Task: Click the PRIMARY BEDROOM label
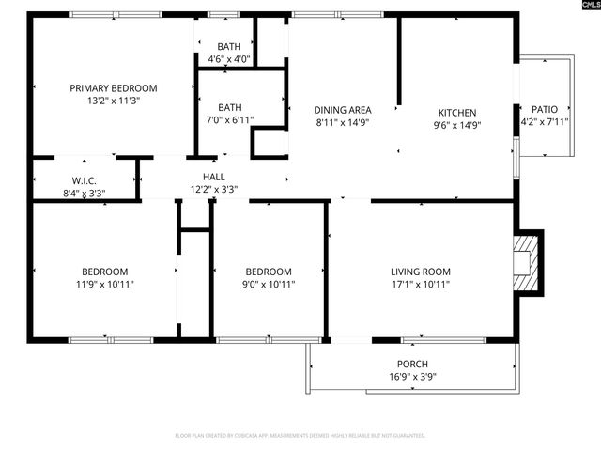[113, 88]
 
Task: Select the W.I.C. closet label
[85, 180]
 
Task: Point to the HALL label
[213, 176]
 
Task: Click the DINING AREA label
[342, 110]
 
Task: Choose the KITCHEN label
[457, 112]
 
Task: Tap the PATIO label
[545, 109]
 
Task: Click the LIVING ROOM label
[421, 272]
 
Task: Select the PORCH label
[412, 365]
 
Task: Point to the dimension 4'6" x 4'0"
[228, 59]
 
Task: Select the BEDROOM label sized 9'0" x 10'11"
[268, 272]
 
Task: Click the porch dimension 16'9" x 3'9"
[412, 377]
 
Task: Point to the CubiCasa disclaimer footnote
[300, 436]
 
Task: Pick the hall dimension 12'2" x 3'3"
[213, 188]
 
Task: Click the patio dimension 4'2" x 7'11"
[545, 121]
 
